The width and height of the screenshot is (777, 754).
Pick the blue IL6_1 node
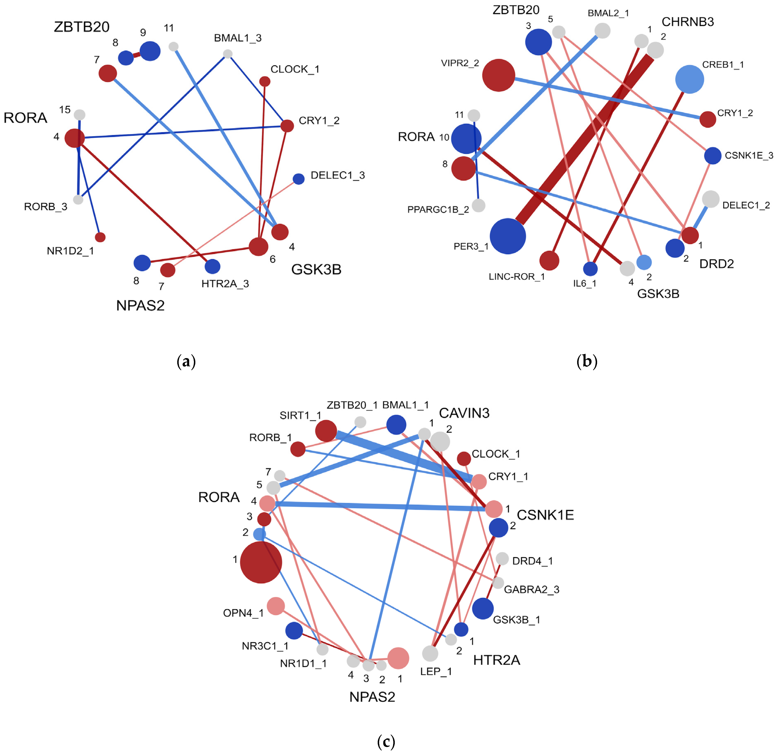click(x=590, y=269)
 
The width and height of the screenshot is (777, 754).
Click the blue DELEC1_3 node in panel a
click(x=299, y=179)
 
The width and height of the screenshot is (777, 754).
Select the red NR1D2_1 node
click(x=100, y=237)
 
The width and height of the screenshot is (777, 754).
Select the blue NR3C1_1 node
click(x=294, y=630)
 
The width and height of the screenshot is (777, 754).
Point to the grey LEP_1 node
click(x=430, y=653)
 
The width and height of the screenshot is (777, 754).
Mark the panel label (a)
click(x=186, y=361)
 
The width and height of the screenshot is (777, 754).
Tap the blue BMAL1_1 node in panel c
click(x=396, y=425)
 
